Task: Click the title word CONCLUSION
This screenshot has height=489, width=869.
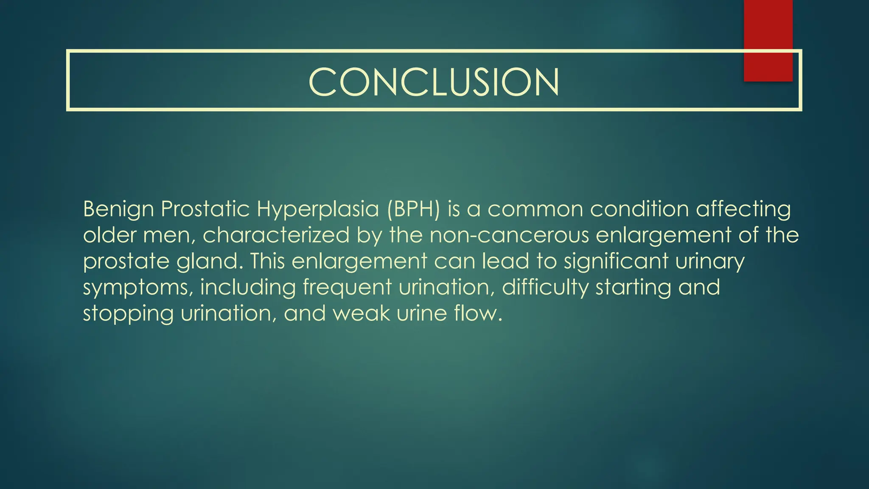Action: tap(434, 82)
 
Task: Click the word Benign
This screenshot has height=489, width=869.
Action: tap(118, 210)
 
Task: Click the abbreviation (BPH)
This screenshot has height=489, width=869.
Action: tap(413, 209)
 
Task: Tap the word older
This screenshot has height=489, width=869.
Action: tap(109, 235)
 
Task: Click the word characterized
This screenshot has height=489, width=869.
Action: tap(276, 235)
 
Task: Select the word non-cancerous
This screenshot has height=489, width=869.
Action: tap(509, 235)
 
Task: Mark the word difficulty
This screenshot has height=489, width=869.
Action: tap(545, 288)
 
